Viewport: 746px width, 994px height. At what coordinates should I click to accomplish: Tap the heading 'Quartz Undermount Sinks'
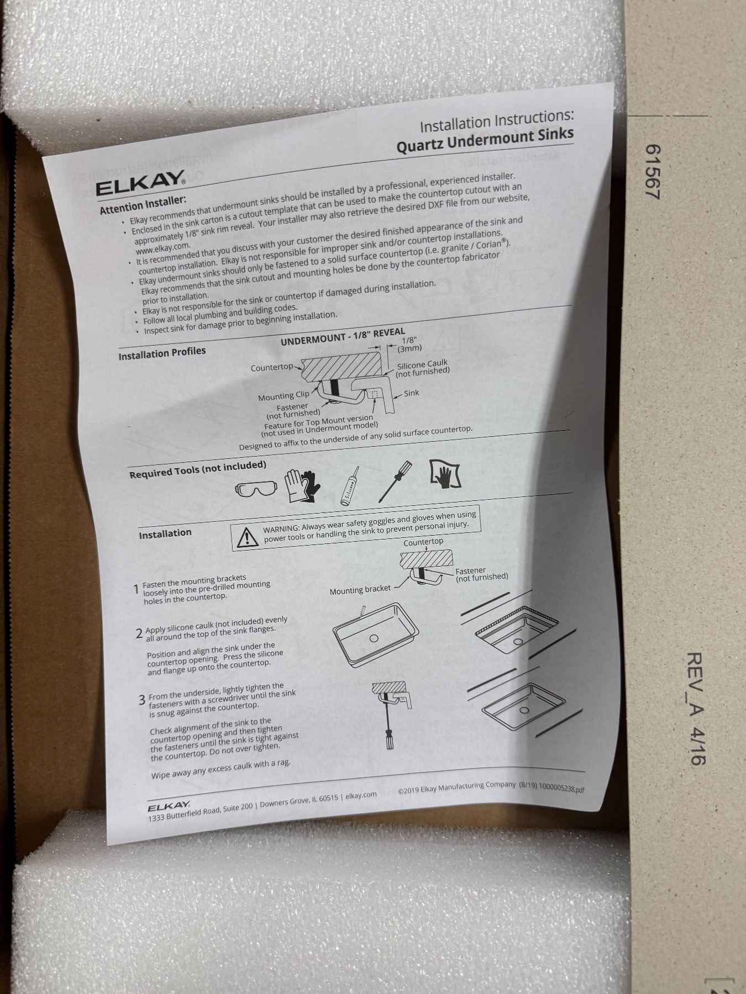click(x=485, y=141)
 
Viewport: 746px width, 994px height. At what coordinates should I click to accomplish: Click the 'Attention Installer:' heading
click(x=143, y=205)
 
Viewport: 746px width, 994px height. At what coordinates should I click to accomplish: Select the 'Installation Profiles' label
click(x=162, y=353)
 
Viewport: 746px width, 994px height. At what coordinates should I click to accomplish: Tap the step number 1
click(x=136, y=590)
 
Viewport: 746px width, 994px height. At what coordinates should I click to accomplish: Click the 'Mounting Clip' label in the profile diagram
click(x=283, y=396)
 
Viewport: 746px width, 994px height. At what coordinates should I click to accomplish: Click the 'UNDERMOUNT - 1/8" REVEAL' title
click(x=343, y=336)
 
